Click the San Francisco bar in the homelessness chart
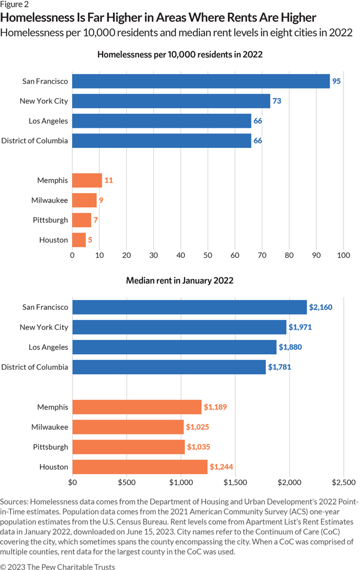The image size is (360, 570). coord(200,81)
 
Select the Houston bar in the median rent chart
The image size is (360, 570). coord(140,467)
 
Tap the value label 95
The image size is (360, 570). coord(336,81)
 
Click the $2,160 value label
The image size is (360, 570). coord(321,307)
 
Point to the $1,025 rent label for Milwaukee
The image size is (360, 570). coord(198,427)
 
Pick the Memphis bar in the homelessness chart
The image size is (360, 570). coord(87,180)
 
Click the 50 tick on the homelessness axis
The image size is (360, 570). coord(208,256)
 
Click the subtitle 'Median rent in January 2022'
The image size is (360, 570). coord(179,281)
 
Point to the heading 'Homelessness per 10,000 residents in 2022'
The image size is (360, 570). coord(179,55)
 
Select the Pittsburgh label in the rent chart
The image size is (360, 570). coord(50,447)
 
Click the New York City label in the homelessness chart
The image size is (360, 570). coord(44,101)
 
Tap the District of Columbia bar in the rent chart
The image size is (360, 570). coord(169,367)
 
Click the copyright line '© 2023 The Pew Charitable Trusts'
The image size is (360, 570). coord(58,566)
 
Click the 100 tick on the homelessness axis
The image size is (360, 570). coord(343,256)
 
